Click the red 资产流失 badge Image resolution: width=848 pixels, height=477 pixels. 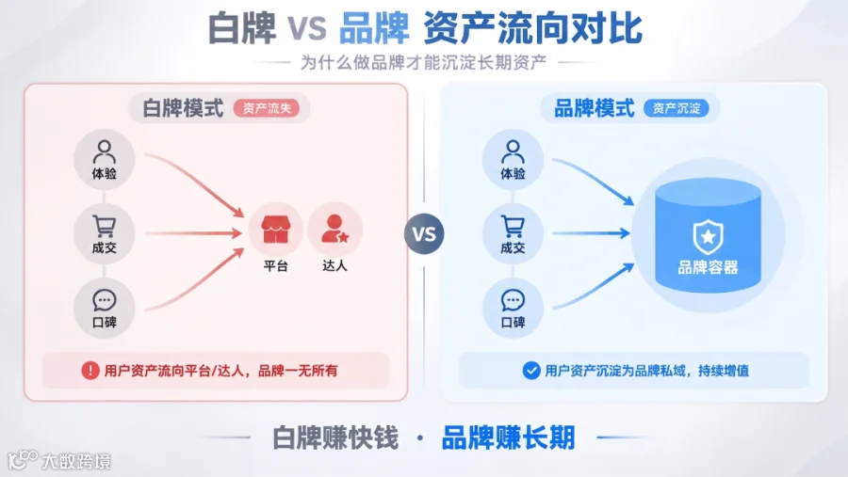coord(266,108)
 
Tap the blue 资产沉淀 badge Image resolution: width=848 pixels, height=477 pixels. coord(676,108)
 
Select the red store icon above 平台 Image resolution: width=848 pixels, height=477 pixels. coord(276,229)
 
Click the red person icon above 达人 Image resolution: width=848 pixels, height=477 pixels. coord(334,229)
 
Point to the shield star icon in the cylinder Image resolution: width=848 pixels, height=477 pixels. coord(708,236)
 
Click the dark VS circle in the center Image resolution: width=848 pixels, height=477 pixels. coord(424,234)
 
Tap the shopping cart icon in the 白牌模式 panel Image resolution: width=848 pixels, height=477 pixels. coord(104,227)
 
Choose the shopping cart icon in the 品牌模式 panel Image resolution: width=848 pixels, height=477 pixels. coord(513,227)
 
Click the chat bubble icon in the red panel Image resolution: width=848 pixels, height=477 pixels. coord(104,300)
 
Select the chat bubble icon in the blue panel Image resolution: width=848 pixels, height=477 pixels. coord(513,300)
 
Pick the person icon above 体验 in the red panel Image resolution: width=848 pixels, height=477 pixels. coord(104,151)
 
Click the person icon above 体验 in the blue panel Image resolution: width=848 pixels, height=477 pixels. coord(513,151)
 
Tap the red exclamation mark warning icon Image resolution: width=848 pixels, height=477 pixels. coord(90,371)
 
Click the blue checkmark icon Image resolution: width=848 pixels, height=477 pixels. coord(531,371)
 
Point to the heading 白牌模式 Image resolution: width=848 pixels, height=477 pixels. coord(183,108)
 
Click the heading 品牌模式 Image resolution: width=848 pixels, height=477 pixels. coord(594,108)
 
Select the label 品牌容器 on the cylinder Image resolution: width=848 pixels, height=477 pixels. coord(708,267)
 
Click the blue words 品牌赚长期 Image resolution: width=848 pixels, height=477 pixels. coord(509,437)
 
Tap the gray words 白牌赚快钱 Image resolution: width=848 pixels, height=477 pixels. coord(335,437)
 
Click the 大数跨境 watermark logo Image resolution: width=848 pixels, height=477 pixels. coord(59,461)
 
